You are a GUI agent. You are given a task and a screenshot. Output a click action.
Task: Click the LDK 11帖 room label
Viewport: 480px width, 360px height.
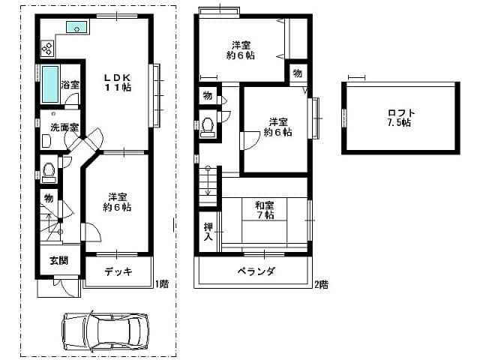[x=118, y=82]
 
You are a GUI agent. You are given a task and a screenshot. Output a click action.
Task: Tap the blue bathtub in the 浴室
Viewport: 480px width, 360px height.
[x=50, y=84]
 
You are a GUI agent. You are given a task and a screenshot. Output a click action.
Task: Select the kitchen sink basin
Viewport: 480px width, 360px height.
[x=76, y=27]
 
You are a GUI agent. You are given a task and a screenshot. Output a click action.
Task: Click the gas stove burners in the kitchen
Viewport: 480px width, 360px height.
[x=47, y=49]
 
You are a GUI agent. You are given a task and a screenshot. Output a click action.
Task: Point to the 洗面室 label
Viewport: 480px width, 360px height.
[x=64, y=127]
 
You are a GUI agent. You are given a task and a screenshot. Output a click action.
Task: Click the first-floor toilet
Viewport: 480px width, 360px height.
[x=49, y=172]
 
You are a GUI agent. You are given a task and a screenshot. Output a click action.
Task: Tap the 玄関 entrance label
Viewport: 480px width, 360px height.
[x=58, y=261]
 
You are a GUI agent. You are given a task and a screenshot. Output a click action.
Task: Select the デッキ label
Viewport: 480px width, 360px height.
[x=118, y=271]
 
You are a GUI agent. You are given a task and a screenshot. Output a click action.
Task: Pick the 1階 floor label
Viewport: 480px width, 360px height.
[x=162, y=284]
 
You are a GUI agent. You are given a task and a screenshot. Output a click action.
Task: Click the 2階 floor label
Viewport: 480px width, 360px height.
[x=321, y=285]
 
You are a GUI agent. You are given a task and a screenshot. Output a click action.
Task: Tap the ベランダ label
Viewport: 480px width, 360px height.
[x=256, y=271]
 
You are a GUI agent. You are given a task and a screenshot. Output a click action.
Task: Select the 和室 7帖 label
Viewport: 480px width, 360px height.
[x=265, y=210]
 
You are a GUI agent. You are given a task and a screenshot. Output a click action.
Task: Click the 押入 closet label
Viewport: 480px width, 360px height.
[x=208, y=232]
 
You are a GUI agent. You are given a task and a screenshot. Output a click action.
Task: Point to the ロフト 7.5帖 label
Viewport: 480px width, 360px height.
[x=399, y=118]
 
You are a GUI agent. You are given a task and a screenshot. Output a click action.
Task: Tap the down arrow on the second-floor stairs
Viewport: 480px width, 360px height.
[x=208, y=181]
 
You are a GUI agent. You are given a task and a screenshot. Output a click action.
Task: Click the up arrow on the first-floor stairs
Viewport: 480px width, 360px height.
[x=49, y=225]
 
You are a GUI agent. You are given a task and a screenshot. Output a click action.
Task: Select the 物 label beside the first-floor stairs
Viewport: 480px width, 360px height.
[x=49, y=198]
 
